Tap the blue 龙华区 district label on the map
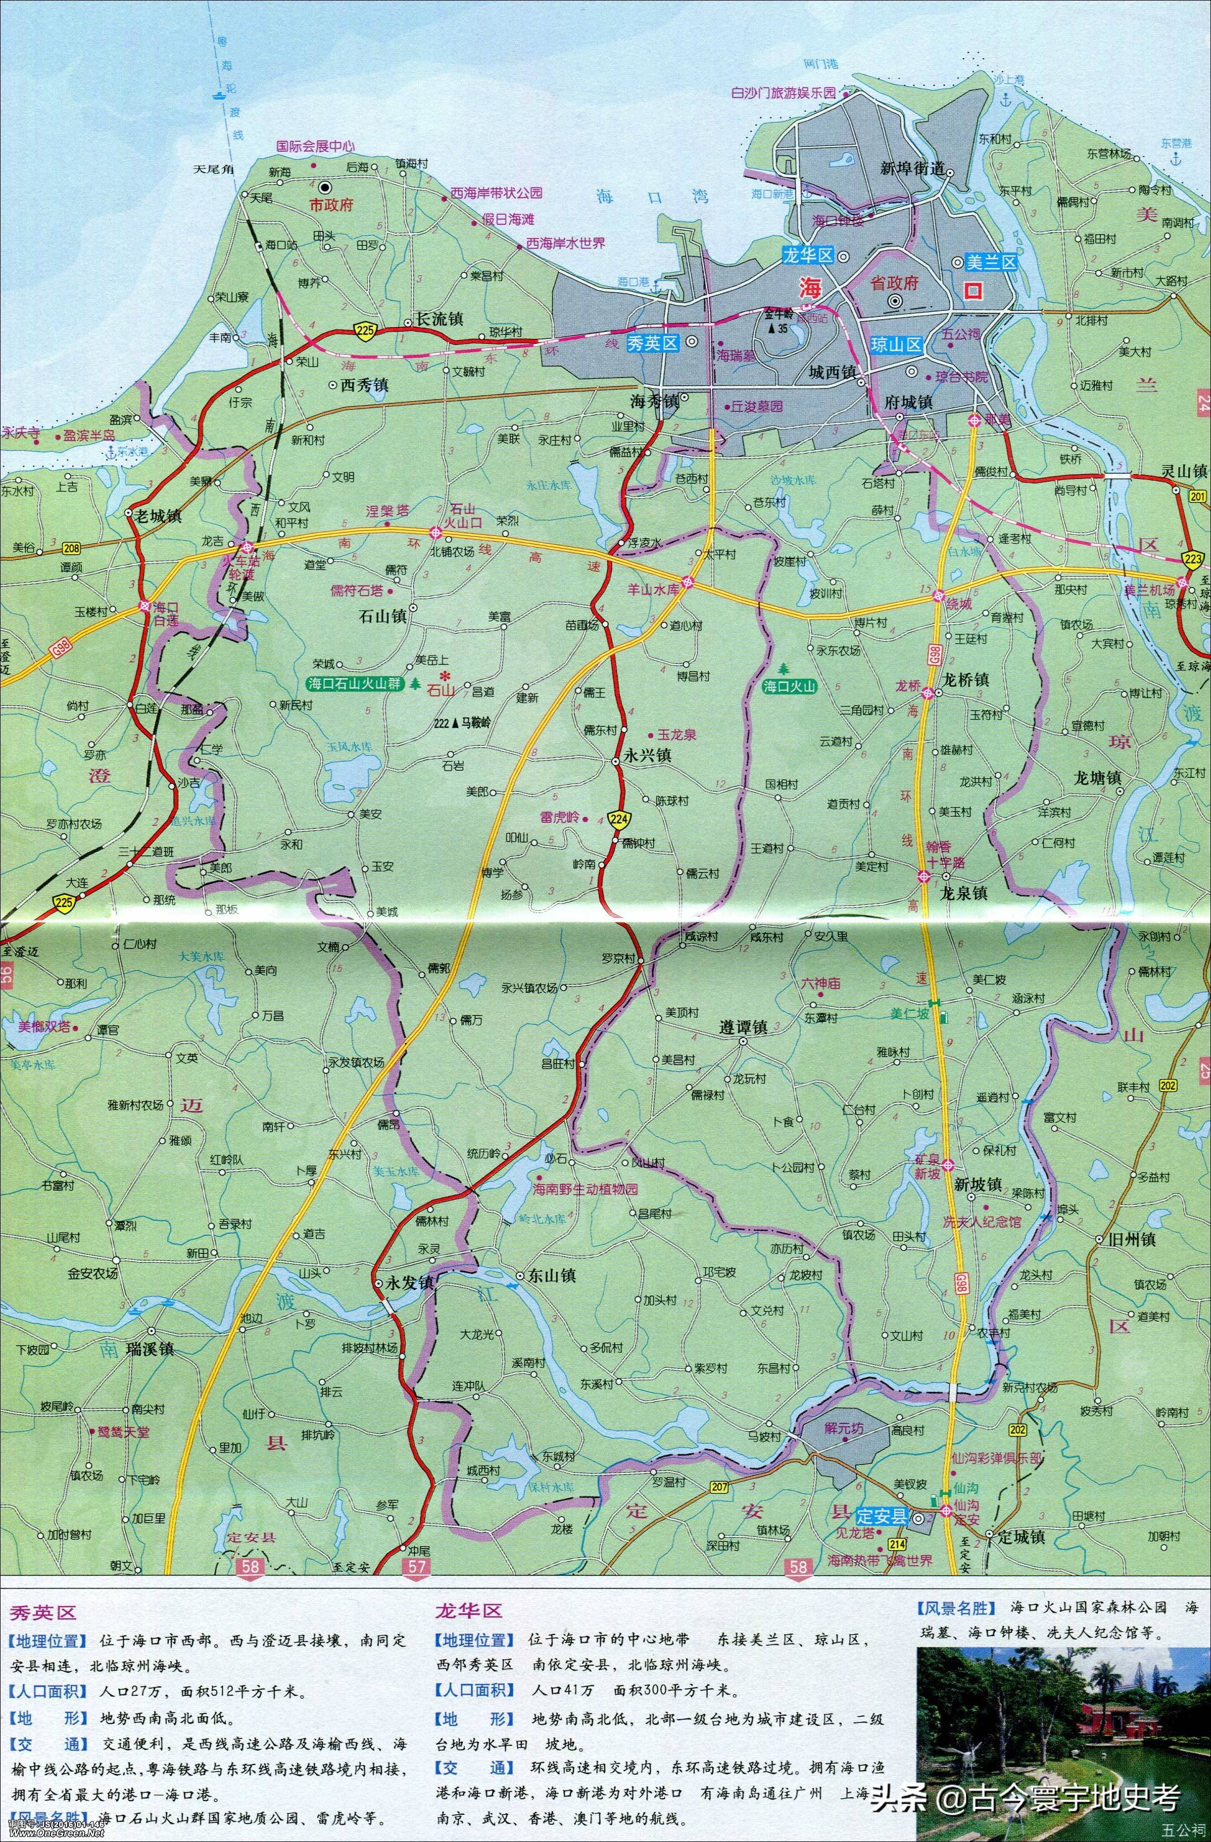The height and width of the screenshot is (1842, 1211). (x=807, y=255)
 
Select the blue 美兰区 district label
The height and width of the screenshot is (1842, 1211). (x=993, y=263)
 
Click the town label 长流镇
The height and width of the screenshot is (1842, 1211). (x=439, y=318)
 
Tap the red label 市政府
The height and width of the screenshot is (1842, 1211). (x=331, y=205)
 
